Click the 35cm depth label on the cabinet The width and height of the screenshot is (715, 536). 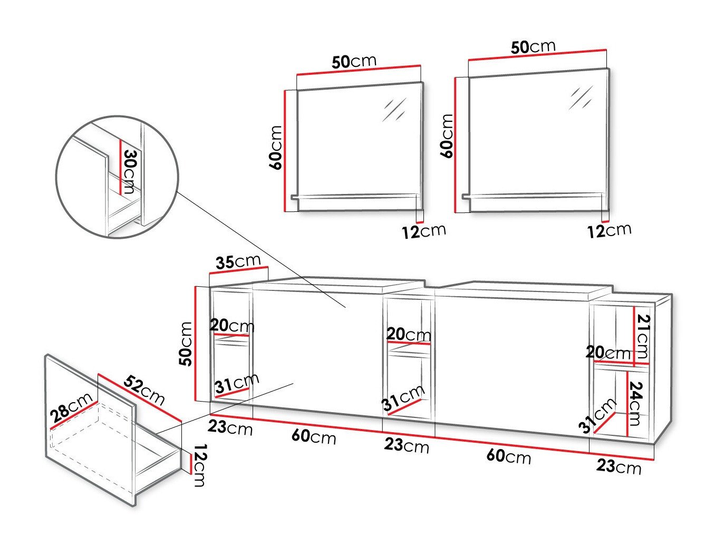pyautogui.click(x=238, y=262)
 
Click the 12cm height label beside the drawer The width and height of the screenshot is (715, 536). pyautogui.click(x=198, y=465)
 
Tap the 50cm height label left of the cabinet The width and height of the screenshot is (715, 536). pyautogui.click(x=186, y=344)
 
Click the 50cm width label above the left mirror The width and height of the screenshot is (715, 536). pyautogui.click(x=354, y=62)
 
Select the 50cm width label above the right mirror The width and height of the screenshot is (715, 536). pyautogui.click(x=533, y=47)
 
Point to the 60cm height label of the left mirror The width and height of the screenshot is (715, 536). pyautogui.click(x=276, y=147)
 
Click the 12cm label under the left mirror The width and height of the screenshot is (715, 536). pyautogui.click(x=423, y=231)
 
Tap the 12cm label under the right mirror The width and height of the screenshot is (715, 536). pyautogui.click(x=610, y=230)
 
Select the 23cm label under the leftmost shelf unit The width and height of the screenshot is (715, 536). pyautogui.click(x=230, y=427)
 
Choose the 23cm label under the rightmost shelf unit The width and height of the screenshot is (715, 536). pyautogui.click(x=619, y=466)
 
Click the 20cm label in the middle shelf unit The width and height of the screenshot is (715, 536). pyautogui.click(x=409, y=334)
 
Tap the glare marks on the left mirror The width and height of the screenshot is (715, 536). pyautogui.click(x=395, y=110)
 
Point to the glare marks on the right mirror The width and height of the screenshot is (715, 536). pyautogui.click(x=581, y=98)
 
